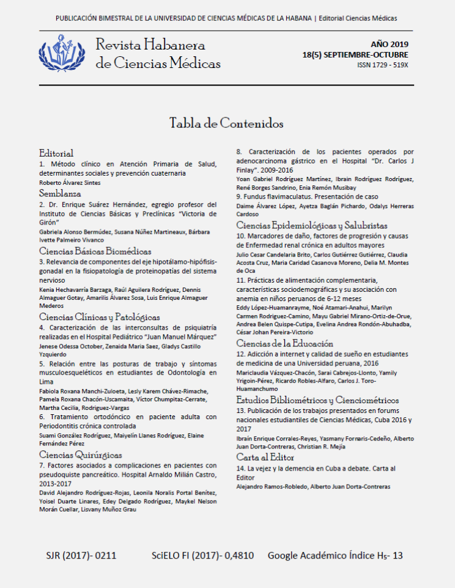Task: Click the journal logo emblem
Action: click(x=62, y=53)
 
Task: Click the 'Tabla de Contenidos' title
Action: click(x=226, y=123)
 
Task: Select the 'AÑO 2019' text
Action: click(x=390, y=44)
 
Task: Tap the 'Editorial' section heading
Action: click(x=56, y=153)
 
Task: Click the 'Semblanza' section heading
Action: click(x=61, y=193)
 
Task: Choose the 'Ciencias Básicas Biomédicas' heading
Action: click(x=95, y=251)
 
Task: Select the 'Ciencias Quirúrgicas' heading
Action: click(x=80, y=455)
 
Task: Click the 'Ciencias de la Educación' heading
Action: click(x=285, y=343)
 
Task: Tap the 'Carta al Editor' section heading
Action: click(x=265, y=457)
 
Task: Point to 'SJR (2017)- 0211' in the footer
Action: click(x=81, y=556)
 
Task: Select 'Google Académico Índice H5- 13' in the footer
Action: click(x=335, y=556)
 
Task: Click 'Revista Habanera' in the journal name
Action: click(x=150, y=45)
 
